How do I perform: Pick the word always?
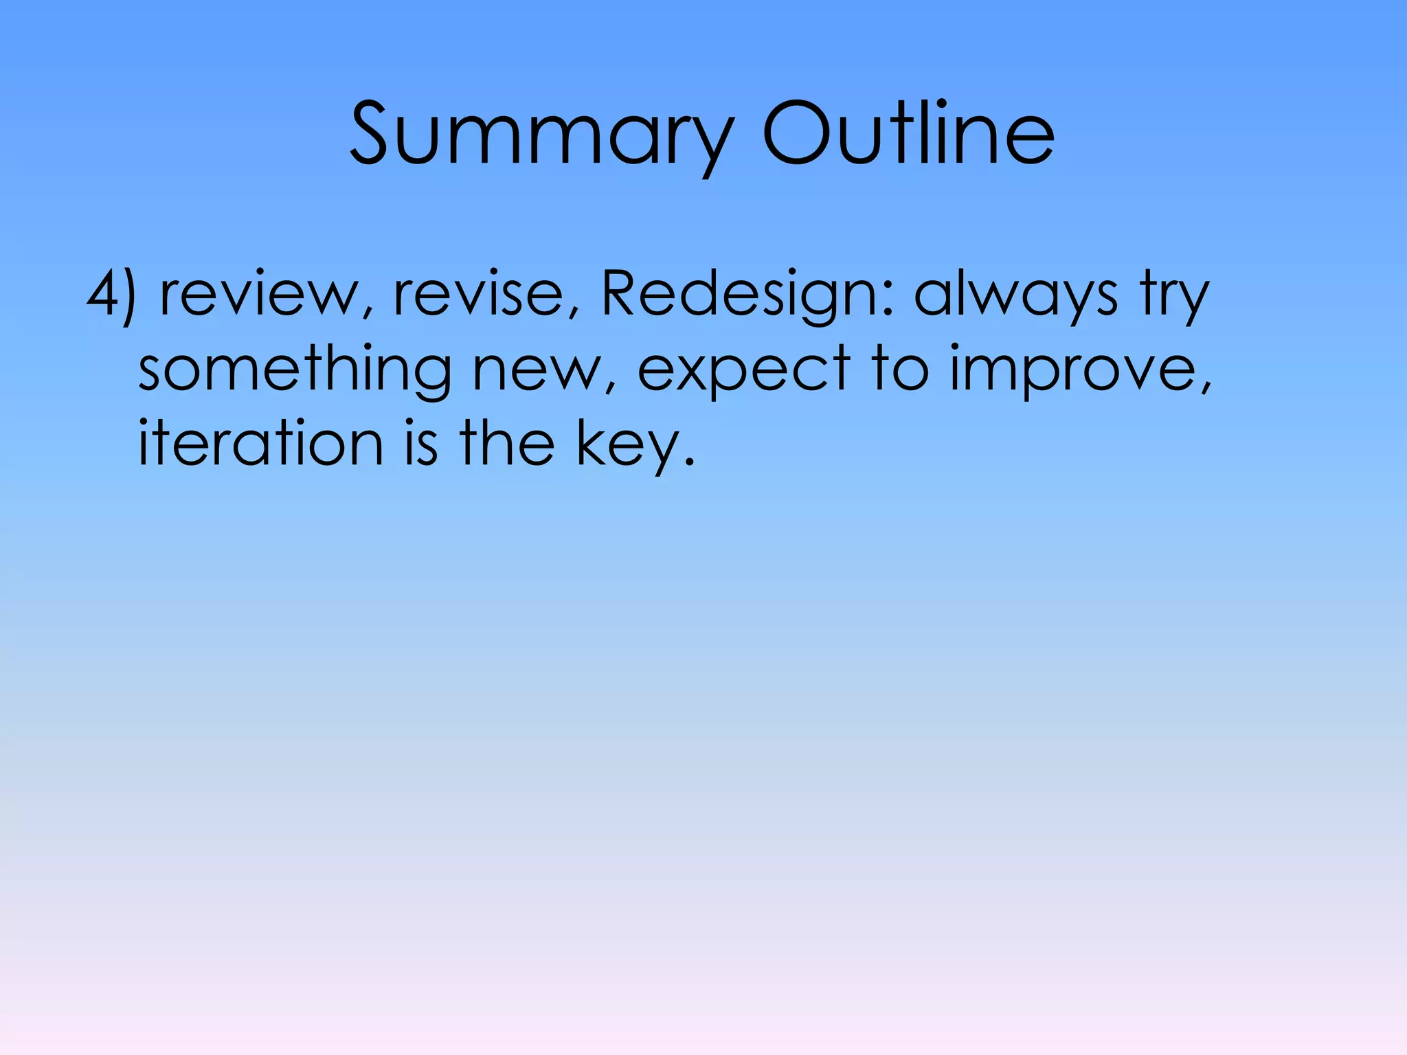(1016, 295)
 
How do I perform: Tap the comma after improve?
(1206, 388)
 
